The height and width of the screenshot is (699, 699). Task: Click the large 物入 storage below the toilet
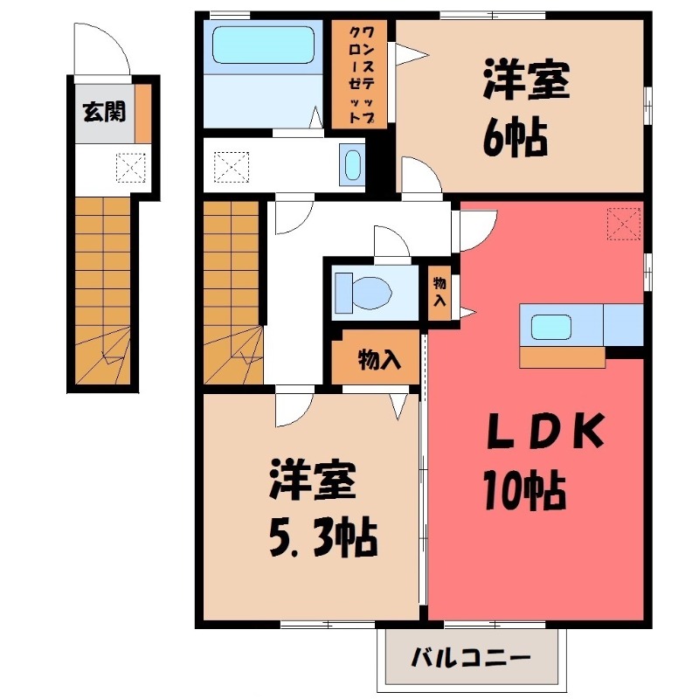[377, 358]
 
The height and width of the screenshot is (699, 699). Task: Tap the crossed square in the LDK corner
[623, 223]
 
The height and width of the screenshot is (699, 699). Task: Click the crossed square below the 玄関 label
[130, 166]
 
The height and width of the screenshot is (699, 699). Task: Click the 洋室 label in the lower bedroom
[311, 481]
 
